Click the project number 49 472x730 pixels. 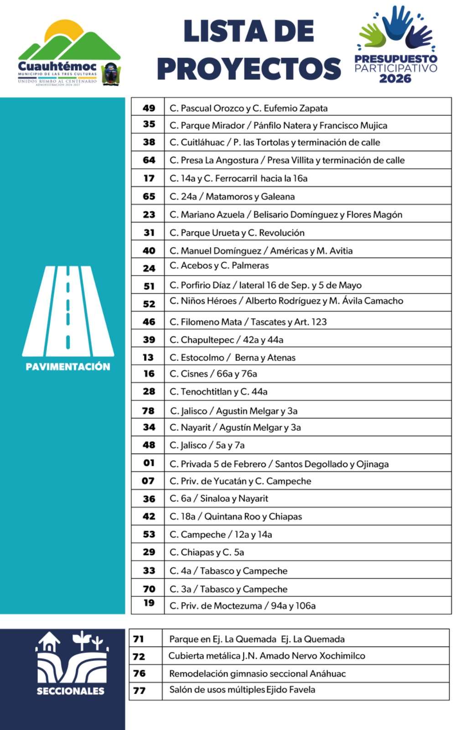click(149, 108)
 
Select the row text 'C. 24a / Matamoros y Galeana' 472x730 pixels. click(232, 197)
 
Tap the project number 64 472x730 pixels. click(149, 160)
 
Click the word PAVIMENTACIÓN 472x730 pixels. click(68, 367)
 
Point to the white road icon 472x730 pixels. click(68, 310)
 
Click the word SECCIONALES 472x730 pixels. click(70, 691)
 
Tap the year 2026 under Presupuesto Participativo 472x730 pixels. click(395, 78)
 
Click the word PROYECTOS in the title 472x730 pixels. click(249, 68)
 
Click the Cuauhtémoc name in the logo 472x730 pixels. click(57, 67)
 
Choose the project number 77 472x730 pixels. click(139, 690)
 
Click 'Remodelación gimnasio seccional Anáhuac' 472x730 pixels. click(257, 673)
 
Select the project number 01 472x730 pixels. click(149, 463)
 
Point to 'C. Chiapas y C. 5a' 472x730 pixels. click(207, 552)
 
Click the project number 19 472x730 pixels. click(149, 603)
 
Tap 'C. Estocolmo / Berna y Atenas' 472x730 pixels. click(232, 358)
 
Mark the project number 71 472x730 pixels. click(138, 639)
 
